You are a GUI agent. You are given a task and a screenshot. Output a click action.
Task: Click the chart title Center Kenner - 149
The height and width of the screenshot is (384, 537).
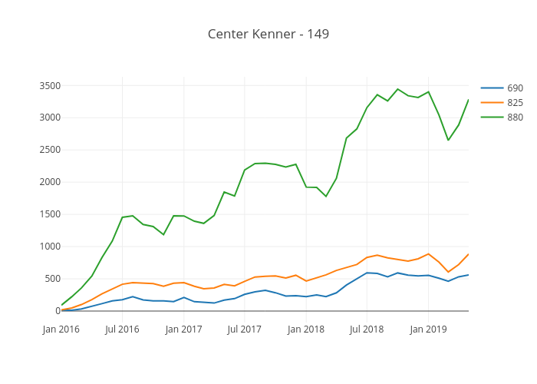tap(268, 34)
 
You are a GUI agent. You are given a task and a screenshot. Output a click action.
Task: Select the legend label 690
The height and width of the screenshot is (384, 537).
tap(515, 88)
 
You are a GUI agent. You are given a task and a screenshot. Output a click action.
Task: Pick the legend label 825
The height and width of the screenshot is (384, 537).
tap(515, 102)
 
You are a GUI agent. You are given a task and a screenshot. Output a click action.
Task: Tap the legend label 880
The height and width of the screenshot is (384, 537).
tap(515, 117)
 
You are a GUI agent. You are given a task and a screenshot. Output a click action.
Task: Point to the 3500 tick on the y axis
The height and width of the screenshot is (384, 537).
tap(41, 85)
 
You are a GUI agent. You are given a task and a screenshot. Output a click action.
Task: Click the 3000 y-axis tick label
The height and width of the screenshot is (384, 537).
tap(41, 118)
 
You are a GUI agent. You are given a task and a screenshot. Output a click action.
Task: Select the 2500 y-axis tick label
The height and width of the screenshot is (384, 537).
tap(41, 150)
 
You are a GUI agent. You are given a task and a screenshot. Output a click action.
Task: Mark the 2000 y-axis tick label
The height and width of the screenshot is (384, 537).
tap(41, 182)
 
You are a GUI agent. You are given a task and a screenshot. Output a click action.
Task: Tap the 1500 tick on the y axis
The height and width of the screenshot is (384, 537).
tap(41, 214)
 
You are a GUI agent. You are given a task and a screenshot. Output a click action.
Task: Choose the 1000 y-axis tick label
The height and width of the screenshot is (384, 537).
tap(41, 247)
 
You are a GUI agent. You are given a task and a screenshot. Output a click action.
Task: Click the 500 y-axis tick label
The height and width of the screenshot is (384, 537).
tap(44, 279)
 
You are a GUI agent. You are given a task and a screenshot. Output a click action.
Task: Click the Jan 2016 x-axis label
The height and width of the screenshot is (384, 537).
tap(61, 329)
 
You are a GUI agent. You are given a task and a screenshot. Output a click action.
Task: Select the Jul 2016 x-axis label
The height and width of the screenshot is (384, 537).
tap(122, 329)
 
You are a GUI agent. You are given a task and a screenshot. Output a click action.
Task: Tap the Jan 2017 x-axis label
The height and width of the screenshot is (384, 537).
tap(183, 329)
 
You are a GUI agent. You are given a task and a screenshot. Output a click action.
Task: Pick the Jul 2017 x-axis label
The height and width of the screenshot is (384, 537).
tap(244, 329)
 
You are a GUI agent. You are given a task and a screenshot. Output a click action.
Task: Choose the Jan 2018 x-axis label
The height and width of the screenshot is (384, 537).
tap(305, 329)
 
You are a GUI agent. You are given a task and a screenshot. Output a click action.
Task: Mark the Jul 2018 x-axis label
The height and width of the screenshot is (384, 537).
tap(367, 329)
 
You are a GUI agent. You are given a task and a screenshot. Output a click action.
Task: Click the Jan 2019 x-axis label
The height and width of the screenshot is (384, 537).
tap(428, 329)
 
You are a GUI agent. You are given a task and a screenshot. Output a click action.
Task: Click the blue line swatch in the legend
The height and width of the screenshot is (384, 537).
tap(492, 88)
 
